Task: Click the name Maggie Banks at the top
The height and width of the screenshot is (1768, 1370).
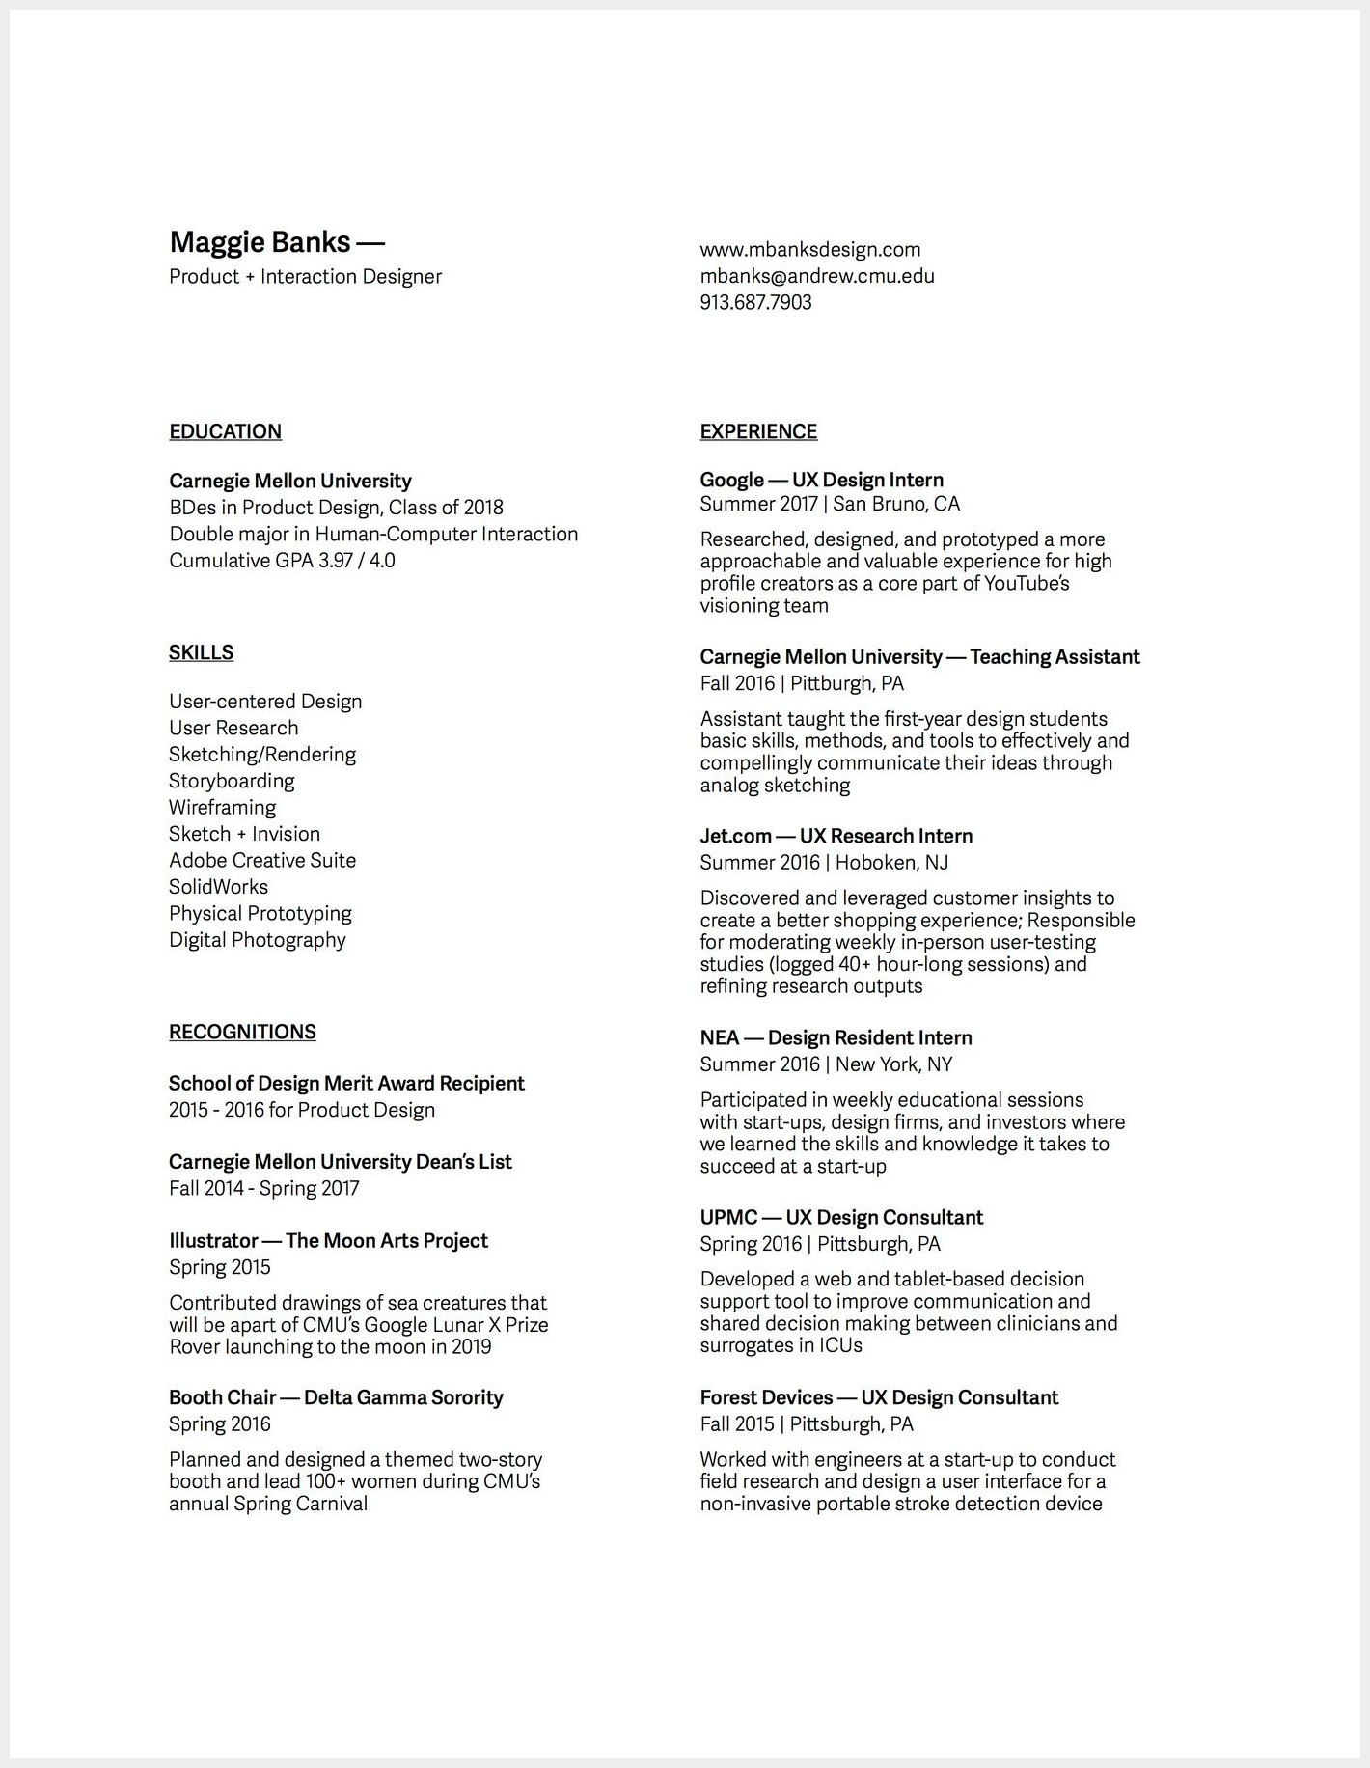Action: pyautogui.click(x=260, y=241)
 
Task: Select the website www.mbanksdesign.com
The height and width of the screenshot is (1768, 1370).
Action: pyautogui.click(x=810, y=250)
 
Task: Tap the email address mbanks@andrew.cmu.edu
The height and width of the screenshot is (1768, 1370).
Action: pyautogui.click(x=817, y=276)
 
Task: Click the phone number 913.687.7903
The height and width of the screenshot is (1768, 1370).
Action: pyautogui.click(x=755, y=302)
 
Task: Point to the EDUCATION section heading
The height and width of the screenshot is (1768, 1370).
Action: pyautogui.click(x=225, y=431)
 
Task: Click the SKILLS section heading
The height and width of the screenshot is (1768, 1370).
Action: pyautogui.click(x=201, y=652)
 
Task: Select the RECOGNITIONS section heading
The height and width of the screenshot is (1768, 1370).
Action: pyautogui.click(x=242, y=1032)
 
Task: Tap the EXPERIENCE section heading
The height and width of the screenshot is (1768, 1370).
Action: pyautogui.click(x=758, y=431)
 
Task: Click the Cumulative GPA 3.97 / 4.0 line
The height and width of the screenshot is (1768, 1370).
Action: pyautogui.click(x=282, y=561)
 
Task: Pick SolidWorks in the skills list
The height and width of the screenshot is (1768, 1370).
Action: pyautogui.click(x=218, y=887)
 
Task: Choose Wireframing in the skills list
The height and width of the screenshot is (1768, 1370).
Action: pyautogui.click(x=222, y=808)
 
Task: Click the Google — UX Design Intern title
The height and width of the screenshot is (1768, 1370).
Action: pyautogui.click(x=821, y=480)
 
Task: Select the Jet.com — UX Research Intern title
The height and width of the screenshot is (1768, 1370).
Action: pyautogui.click(x=836, y=836)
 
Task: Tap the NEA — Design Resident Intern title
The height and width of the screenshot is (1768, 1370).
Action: pyautogui.click(x=836, y=1037)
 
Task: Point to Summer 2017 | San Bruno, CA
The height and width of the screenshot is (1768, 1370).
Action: pyautogui.click(x=830, y=504)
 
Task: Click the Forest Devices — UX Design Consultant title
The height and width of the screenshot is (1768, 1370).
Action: pyautogui.click(x=879, y=1397)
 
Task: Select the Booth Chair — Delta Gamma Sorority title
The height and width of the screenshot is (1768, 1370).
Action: pyautogui.click(x=336, y=1397)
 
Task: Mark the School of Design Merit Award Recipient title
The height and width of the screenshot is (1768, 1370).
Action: pyautogui.click(x=346, y=1083)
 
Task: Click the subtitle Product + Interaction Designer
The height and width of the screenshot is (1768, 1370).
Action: pyautogui.click(x=305, y=277)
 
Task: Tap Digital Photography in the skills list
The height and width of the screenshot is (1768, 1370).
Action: pyautogui.click(x=257, y=940)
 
